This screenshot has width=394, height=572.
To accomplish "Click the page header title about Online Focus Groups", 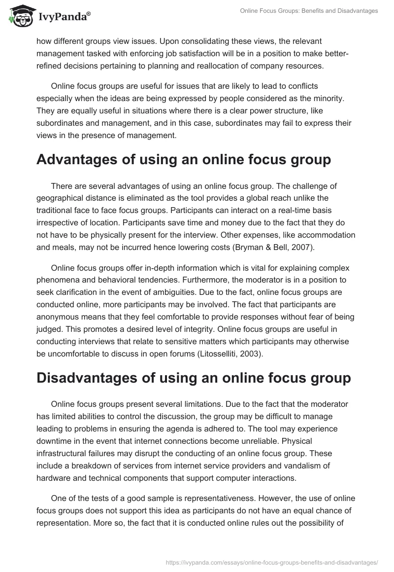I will click(x=309, y=11).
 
